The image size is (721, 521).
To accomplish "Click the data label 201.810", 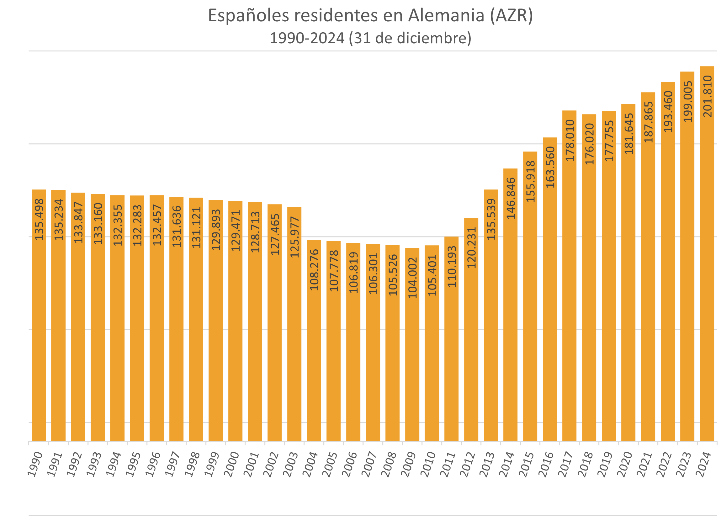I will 708,96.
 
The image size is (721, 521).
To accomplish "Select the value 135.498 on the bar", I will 39,219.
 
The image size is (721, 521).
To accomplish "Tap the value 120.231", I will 472,247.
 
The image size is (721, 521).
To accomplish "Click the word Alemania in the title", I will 446,16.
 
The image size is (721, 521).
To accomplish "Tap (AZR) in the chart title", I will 511,16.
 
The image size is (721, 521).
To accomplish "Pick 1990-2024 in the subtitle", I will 307,39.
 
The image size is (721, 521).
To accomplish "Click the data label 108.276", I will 315,270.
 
